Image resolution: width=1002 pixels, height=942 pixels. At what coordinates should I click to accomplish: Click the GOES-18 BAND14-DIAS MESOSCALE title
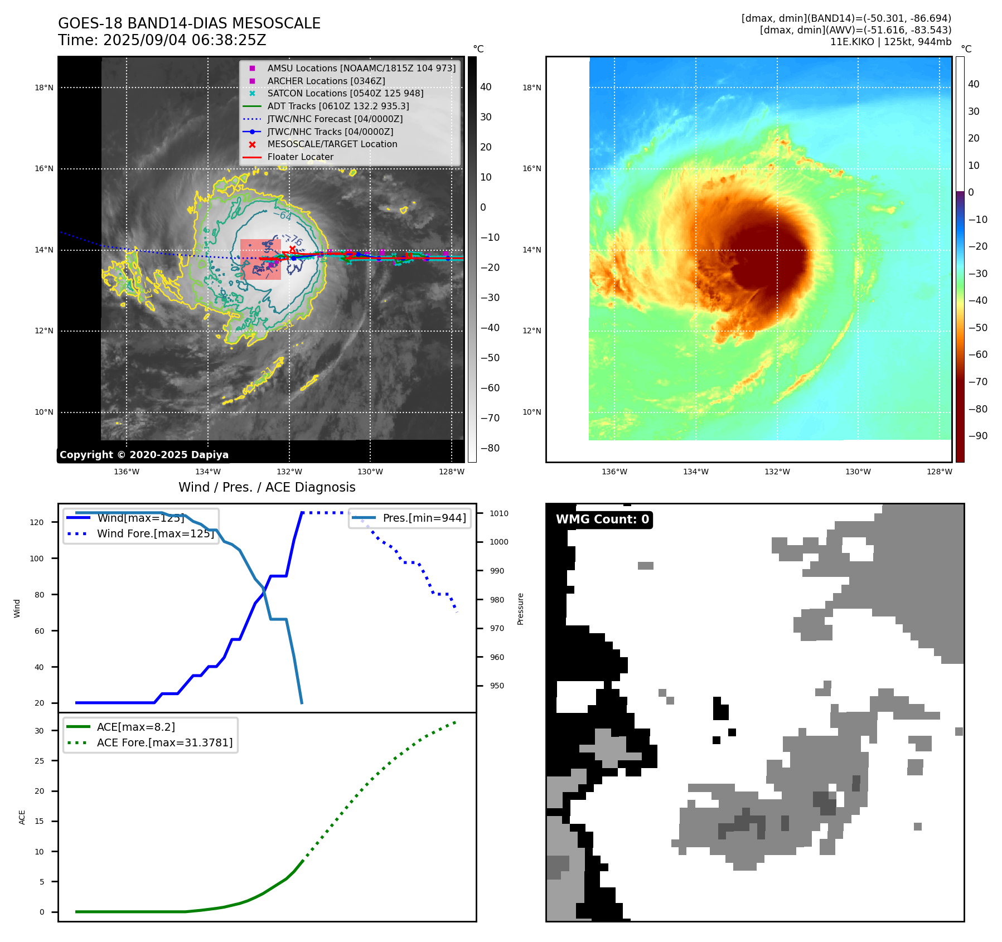[x=189, y=23]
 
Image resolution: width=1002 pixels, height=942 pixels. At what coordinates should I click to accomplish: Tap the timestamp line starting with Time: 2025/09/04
[x=162, y=40]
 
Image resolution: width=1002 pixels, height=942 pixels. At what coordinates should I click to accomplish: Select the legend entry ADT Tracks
[x=338, y=106]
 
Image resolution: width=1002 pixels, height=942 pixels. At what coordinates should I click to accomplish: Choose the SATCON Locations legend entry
[x=345, y=93]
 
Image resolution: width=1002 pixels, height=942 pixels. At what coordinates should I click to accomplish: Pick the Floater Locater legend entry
[x=300, y=157]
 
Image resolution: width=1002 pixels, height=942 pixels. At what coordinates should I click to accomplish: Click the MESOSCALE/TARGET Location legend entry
[x=332, y=144]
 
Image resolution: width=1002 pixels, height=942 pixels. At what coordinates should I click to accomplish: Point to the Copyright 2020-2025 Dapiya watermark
[x=144, y=455]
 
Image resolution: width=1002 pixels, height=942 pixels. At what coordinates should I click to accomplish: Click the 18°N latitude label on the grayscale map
[x=44, y=88]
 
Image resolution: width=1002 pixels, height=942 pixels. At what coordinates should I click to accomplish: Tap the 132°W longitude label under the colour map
[x=777, y=472]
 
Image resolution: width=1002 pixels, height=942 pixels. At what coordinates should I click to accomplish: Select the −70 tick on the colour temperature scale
[x=977, y=382]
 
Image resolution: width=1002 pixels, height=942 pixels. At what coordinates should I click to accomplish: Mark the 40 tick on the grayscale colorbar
[x=486, y=87]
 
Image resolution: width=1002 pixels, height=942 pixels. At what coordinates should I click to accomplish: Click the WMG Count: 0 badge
[x=602, y=519]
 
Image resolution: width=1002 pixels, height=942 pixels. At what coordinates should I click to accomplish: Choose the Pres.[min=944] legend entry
[x=424, y=518]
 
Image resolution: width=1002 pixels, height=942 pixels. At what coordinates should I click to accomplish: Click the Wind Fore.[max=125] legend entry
[x=155, y=533]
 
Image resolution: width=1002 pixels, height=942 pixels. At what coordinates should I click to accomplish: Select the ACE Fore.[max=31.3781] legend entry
[x=164, y=742]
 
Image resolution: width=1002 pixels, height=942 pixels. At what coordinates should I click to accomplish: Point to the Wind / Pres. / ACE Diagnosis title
[x=267, y=487]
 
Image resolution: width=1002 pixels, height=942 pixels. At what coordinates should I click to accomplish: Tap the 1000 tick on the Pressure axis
[x=499, y=542]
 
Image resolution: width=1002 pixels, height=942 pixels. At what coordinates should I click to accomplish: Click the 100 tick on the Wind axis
[x=37, y=559]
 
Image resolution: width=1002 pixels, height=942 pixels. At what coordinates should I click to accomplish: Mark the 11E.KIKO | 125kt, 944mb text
[x=890, y=42]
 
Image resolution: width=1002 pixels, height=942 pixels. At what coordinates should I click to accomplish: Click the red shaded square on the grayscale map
[x=260, y=260]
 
